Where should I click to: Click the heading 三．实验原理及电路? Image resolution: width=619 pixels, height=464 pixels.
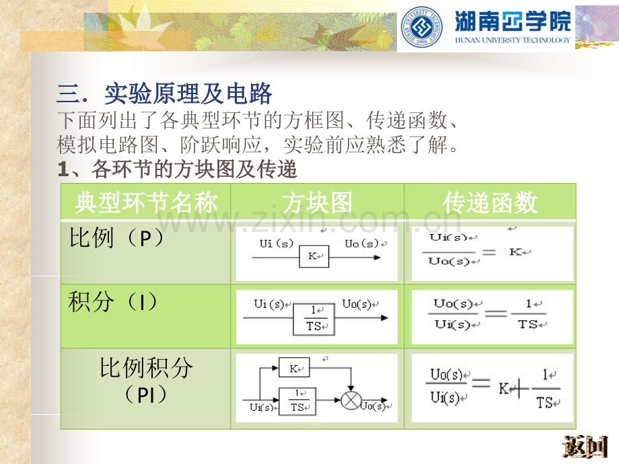click(165, 93)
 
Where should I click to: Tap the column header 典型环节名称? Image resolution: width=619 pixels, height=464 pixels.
click(145, 202)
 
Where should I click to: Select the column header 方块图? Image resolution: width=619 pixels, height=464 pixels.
click(317, 202)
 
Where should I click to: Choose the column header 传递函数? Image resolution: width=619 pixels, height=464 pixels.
click(490, 202)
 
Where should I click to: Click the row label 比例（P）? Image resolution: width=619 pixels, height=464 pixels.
click(116, 238)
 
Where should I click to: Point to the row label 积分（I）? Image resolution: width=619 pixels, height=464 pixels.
click(114, 302)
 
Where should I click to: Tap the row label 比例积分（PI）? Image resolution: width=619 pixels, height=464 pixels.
click(145, 380)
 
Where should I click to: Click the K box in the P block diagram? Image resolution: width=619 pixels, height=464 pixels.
click(314, 256)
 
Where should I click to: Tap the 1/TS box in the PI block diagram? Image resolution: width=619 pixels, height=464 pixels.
click(297, 401)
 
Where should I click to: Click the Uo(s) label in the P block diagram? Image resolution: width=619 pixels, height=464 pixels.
click(361, 243)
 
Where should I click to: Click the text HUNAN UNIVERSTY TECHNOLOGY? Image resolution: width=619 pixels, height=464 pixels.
click(513, 40)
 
